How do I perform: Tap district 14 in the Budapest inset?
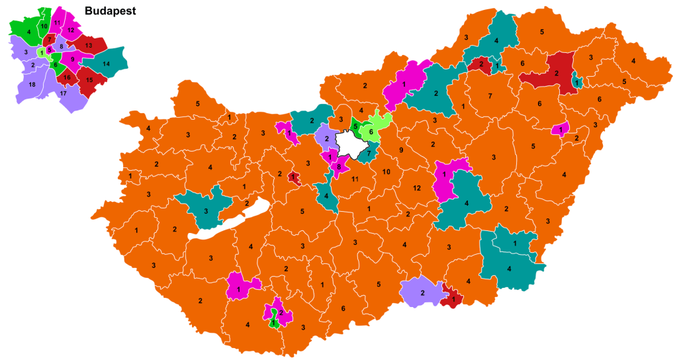pos(106,64)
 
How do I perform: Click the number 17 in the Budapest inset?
pos(63,93)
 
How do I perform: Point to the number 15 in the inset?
pos(90,80)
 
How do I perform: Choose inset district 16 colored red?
pos(67,77)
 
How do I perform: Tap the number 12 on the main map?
pos(417,189)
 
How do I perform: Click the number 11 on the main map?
pos(355,179)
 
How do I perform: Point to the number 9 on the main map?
pos(400,150)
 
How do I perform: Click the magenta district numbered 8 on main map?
pos(339,167)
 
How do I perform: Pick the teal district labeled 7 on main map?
pos(369,154)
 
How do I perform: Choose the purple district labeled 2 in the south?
pos(422,292)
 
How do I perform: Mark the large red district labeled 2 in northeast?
pos(557,73)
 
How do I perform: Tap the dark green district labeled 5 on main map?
pos(355,126)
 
